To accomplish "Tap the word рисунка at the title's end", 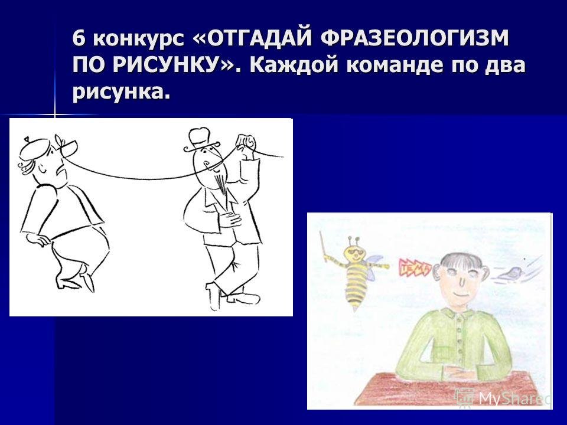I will [118, 92].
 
